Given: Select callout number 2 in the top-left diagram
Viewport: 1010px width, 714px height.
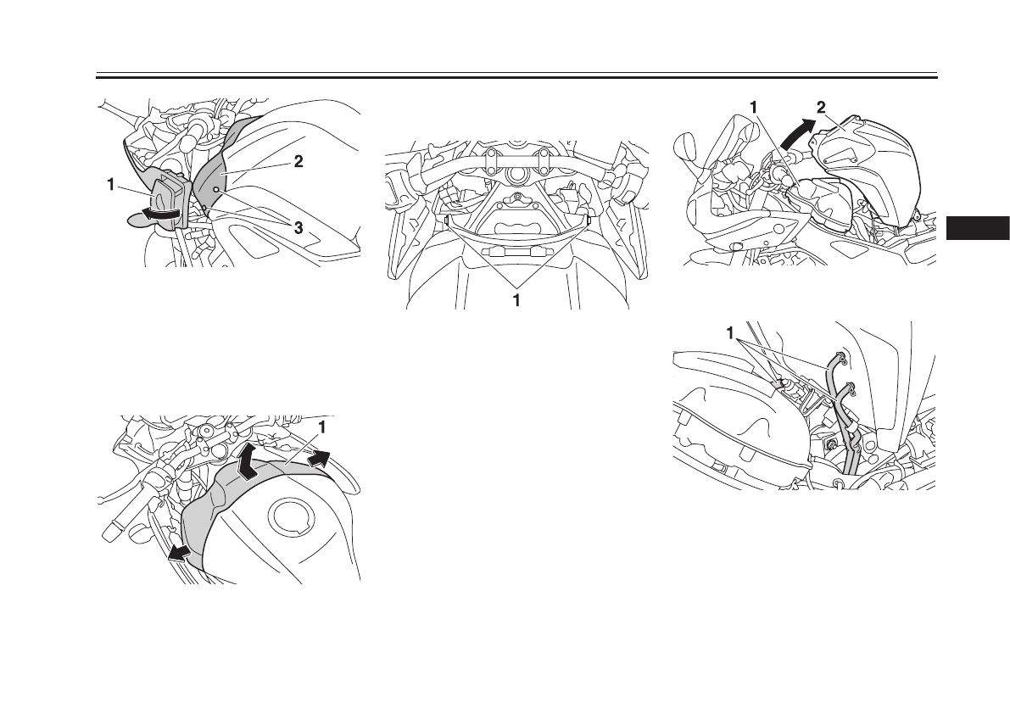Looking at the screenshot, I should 298,163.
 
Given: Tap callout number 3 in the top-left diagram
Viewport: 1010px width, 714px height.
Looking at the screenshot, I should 298,228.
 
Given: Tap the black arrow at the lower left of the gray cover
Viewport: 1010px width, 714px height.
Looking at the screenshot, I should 180,553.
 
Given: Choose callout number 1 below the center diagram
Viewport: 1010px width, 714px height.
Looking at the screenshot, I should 517,299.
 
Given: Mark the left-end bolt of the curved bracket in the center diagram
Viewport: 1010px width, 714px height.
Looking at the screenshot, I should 445,219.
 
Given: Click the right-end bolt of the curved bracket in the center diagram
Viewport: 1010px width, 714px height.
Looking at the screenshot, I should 589,219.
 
